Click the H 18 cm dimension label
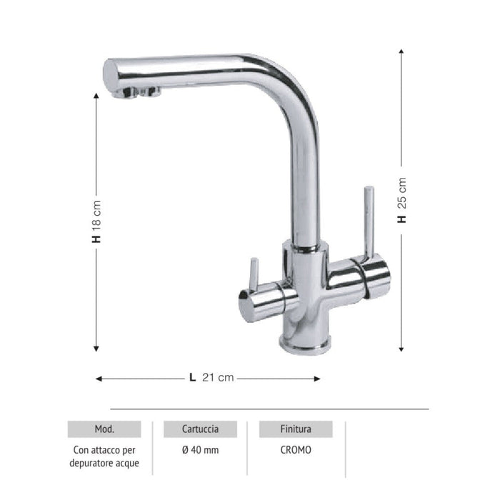96,222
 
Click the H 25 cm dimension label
402,201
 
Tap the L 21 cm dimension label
211,378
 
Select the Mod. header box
104,429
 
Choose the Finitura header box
295,429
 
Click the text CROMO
295,451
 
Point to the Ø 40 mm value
201,451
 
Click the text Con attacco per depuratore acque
104,457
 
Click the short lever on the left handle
252,275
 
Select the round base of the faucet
306,345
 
